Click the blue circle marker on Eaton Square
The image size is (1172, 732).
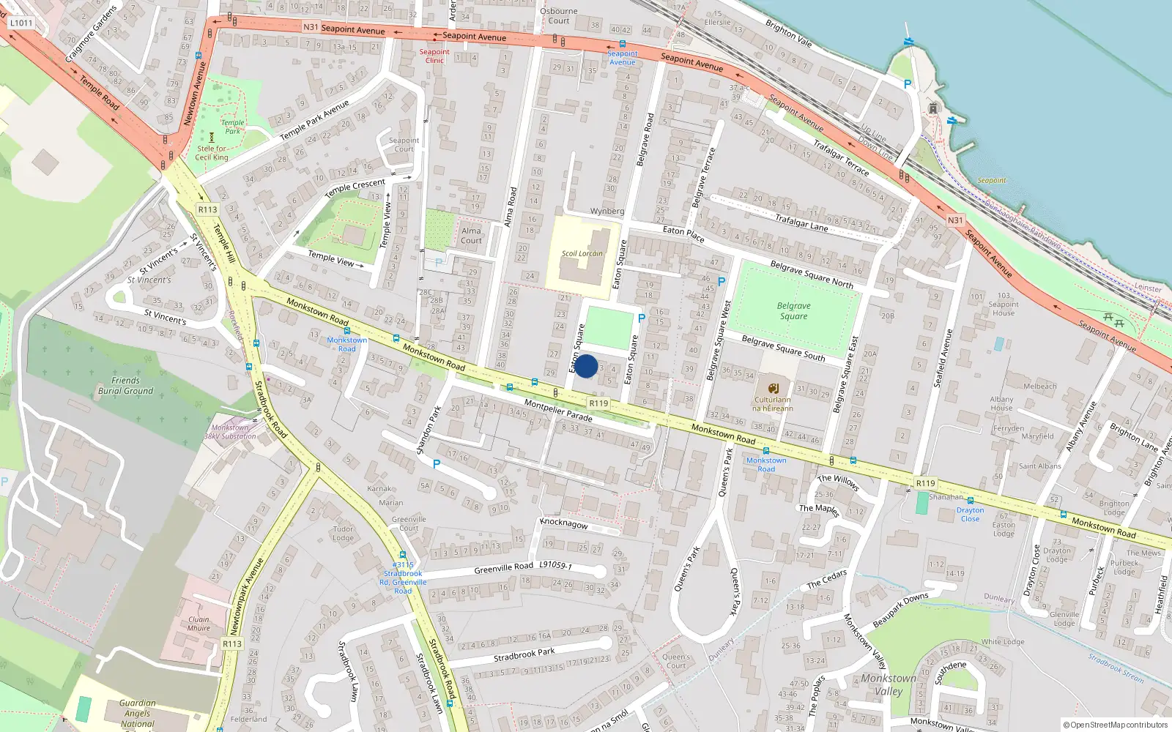pos(586,366)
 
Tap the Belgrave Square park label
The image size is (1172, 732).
pos(793,311)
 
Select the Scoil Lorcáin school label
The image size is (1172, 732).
pos(582,254)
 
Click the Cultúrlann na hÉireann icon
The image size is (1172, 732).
pos(773,389)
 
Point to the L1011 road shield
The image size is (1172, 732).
pos(21,23)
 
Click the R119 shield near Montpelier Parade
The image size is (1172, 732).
pos(598,403)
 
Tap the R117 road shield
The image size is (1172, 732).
pos(232,643)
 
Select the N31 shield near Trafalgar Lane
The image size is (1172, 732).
pos(955,220)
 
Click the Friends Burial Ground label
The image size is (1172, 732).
pos(125,386)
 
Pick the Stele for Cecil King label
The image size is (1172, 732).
pos(212,153)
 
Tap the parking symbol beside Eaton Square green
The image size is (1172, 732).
pos(642,318)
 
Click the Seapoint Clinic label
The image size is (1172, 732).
pos(434,56)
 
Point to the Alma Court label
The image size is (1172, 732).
pos(471,236)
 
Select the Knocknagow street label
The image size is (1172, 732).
pos(563,523)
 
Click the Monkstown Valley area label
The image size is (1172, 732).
pos(888,684)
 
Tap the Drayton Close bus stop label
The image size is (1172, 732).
pos(970,515)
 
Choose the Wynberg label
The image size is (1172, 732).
pos(607,212)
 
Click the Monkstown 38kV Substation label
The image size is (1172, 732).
pos(230,432)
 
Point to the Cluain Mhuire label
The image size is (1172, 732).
pos(199,624)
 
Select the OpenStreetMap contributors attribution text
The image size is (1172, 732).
pos(1116,725)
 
